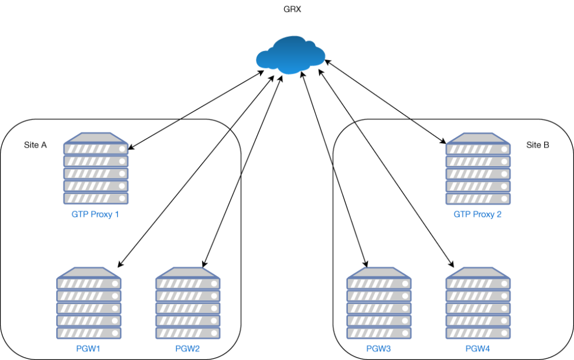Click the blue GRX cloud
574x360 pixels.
coord(290,55)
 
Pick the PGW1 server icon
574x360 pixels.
coord(89,303)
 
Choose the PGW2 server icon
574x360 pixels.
coord(187,303)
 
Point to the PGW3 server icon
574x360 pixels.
coord(378,303)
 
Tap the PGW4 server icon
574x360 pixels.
coord(477,303)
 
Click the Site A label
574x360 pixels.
coord(35,145)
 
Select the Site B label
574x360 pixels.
coord(537,145)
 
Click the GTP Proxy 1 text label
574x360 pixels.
coord(95,214)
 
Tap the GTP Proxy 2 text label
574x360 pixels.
coord(477,214)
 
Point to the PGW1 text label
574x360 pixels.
coord(89,349)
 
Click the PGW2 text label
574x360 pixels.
coord(187,349)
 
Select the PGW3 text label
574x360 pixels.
coord(378,349)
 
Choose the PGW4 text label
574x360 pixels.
coord(477,349)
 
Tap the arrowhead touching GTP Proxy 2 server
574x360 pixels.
coord(442,141)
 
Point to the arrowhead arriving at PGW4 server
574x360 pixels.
coord(452,264)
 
